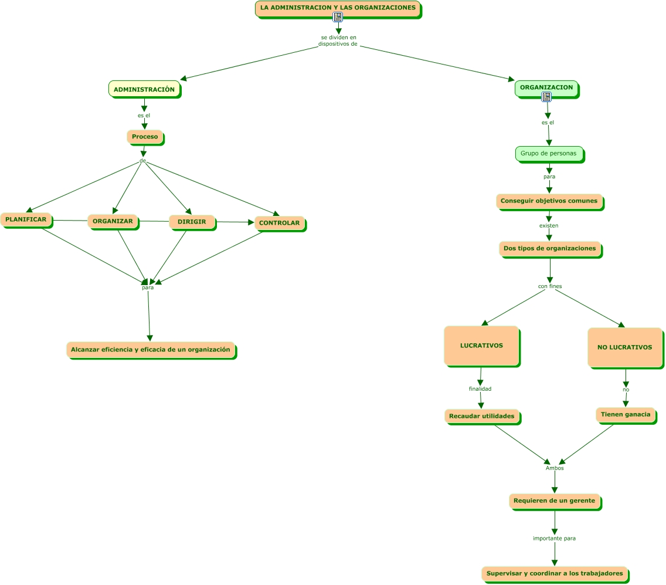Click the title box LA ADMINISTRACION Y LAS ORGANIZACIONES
338,8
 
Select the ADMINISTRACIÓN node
144,89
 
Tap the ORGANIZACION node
546,89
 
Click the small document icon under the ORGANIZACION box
546,97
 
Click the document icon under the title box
338,17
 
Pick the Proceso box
145,137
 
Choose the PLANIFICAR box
26,220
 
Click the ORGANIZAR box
113,221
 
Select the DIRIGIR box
192,222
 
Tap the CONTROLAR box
280,223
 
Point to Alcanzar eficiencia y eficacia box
151,350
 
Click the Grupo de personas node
549,154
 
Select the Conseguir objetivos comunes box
549,201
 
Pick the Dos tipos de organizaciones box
551,249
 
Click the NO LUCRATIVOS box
625,348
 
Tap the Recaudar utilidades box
482,417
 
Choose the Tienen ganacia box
626,415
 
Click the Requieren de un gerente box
555,502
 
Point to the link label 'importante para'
554,538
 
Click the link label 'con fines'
550,286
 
